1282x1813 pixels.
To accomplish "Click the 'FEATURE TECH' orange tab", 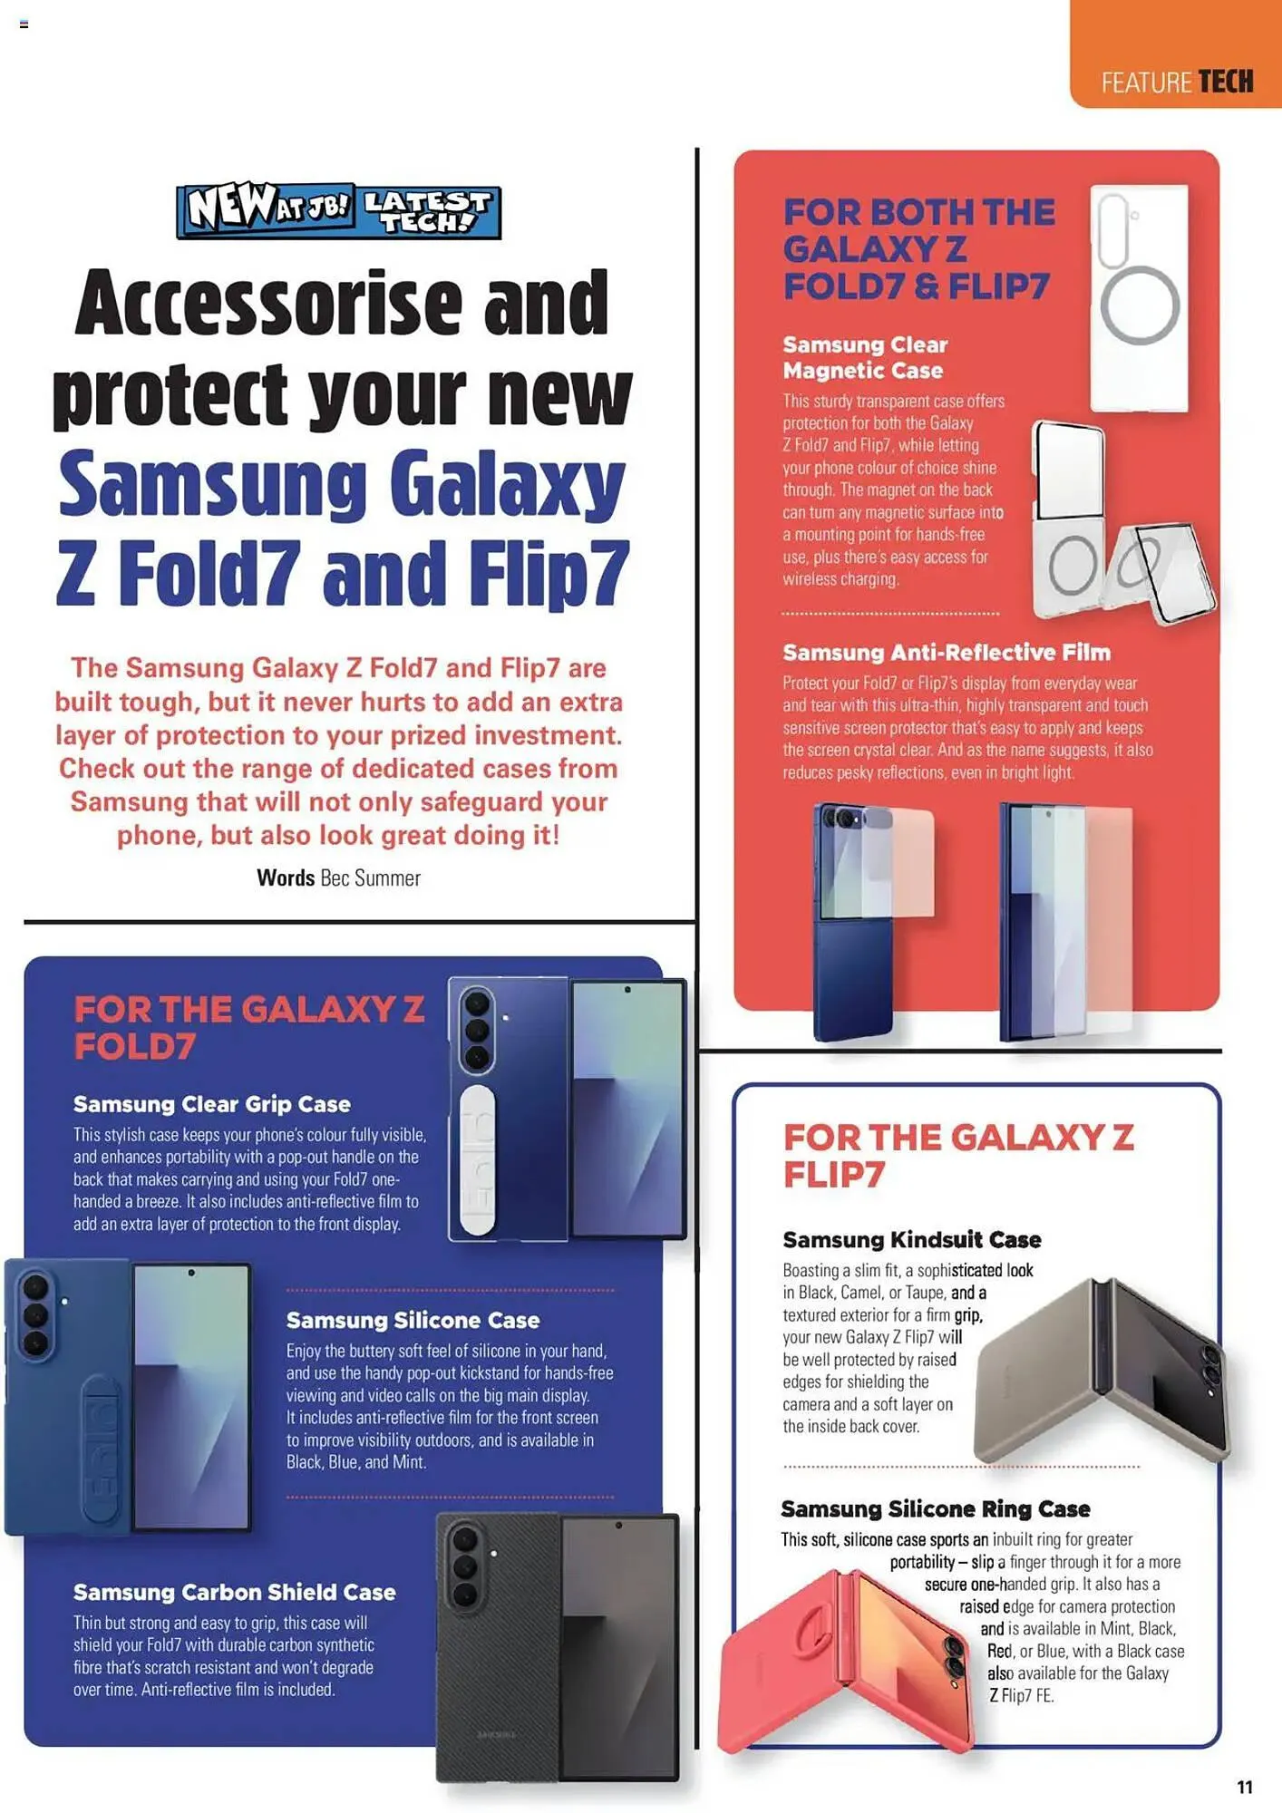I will [x=1176, y=82].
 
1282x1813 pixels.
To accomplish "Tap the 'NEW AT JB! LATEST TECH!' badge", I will [x=338, y=211].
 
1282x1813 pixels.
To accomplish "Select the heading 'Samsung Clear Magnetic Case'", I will [x=865, y=357].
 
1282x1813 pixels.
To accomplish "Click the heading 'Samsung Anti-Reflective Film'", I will [x=946, y=653].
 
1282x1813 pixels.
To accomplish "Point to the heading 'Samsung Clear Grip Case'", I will [x=211, y=1104].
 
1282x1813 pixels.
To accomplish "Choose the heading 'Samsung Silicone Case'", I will [x=413, y=1320].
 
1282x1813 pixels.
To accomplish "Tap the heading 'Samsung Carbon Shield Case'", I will [x=234, y=1592].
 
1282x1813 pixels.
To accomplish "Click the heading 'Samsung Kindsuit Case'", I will [x=911, y=1239].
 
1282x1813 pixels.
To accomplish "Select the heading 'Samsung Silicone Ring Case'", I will [x=935, y=1508].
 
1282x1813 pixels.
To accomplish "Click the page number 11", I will [x=1244, y=1787].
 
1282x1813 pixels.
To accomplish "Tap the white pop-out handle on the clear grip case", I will [x=477, y=1161].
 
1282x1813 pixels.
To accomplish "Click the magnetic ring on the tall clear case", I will [x=1140, y=305].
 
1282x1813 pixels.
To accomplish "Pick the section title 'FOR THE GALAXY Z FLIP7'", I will [x=957, y=1156].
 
